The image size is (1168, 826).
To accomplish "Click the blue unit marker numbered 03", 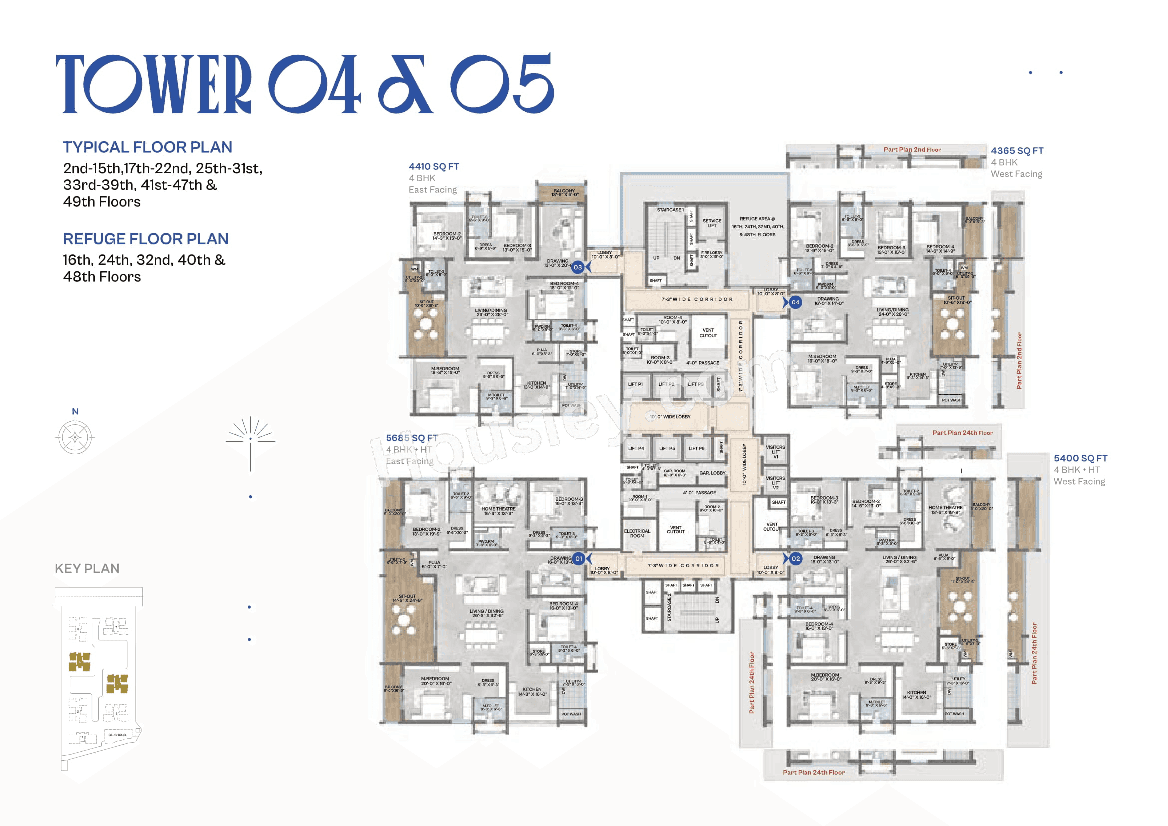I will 577,267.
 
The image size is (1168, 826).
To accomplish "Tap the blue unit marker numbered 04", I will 795,302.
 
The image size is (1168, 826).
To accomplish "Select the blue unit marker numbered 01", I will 578,558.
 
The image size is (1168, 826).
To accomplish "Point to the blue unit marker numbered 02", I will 795,558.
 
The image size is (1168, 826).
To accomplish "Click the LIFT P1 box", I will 635,385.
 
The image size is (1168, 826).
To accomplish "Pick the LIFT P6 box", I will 696,448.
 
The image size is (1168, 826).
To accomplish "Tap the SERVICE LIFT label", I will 711,223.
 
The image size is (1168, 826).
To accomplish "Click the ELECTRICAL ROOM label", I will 637,533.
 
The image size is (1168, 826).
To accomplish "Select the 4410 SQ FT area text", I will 434,166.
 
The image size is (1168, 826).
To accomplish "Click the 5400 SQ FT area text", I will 1080,458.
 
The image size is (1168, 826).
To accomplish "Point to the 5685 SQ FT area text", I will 411,438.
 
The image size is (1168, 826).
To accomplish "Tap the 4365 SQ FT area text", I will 1017,150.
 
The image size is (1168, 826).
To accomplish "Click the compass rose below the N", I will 75,437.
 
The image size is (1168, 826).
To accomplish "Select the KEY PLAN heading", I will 87,568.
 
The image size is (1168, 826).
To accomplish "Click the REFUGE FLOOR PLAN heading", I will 145,239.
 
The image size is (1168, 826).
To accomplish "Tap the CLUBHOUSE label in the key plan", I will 117,735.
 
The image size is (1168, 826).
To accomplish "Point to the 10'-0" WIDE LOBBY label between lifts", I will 670,417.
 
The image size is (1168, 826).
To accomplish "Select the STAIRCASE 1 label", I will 670,210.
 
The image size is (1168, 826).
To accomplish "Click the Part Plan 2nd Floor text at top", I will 912,149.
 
